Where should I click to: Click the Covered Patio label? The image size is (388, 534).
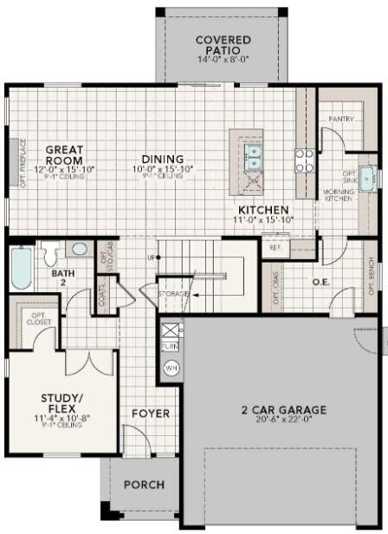223,45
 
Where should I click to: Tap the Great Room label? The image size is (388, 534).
64,154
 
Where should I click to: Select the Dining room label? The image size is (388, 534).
163,160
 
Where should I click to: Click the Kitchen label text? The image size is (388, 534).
263,210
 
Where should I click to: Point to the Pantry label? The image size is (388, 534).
339,118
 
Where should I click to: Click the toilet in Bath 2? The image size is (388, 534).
51,253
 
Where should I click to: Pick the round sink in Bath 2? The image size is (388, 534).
79,249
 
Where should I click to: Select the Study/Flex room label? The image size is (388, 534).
62,404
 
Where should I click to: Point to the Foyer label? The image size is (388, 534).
150,414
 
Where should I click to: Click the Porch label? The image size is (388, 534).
143,485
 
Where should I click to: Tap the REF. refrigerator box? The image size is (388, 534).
276,246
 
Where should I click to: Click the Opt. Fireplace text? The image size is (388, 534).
11,163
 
